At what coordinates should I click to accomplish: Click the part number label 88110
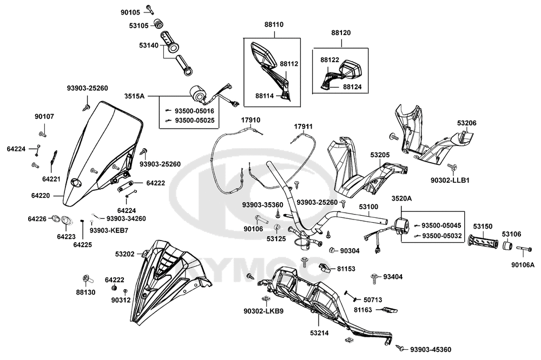(x=274, y=24)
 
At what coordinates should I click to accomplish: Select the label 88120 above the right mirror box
(x=341, y=33)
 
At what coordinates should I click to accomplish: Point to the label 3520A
(x=401, y=199)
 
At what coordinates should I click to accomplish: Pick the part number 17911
(x=304, y=126)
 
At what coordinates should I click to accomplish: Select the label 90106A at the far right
(x=523, y=265)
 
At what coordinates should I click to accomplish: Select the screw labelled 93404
(x=374, y=277)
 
